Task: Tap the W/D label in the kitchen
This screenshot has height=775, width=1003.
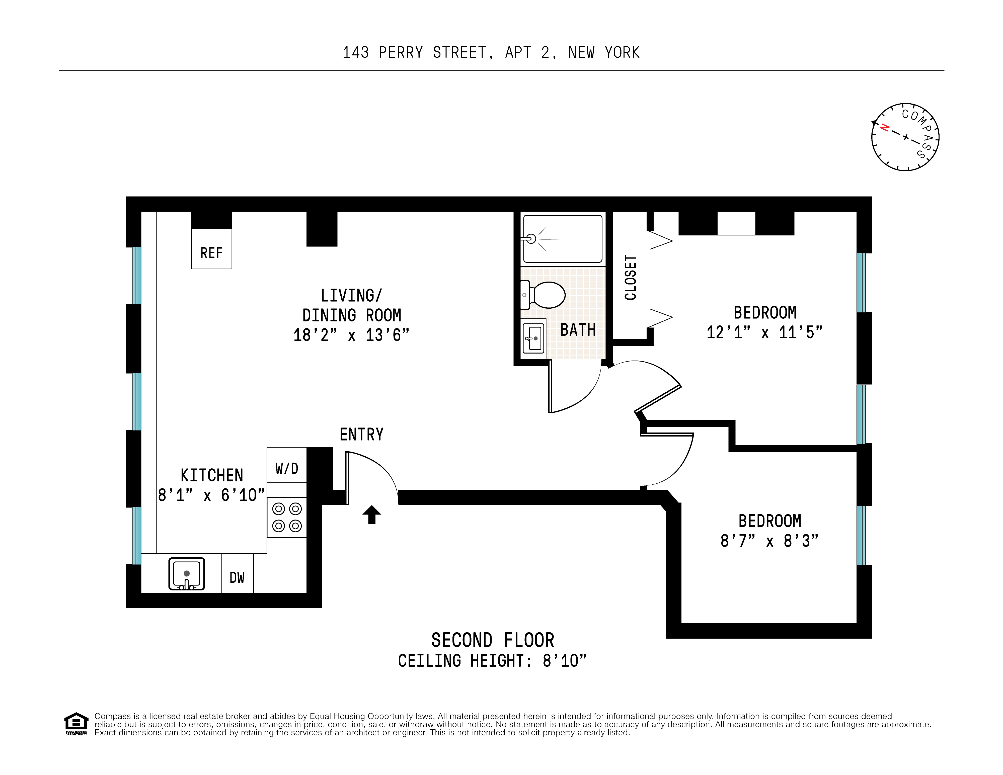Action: coord(287,468)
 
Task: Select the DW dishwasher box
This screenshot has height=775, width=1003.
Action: coord(237,577)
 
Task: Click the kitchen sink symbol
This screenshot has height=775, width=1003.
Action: coord(186,573)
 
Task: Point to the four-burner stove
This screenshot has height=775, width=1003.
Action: coord(287,517)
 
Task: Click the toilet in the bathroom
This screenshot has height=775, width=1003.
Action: coord(544,295)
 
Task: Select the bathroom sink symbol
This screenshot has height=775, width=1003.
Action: coord(533,338)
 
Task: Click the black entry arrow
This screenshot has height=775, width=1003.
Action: coord(371,515)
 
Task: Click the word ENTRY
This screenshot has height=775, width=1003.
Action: coord(361,434)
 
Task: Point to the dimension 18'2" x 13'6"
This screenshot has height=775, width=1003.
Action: coord(351,335)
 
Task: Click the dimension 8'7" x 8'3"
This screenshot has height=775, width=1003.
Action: coord(769,541)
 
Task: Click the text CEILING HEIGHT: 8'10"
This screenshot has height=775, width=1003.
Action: coord(492,661)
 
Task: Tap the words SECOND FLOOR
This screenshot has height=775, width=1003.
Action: coord(492,640)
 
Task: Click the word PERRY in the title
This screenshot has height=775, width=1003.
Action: coord(401,52)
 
